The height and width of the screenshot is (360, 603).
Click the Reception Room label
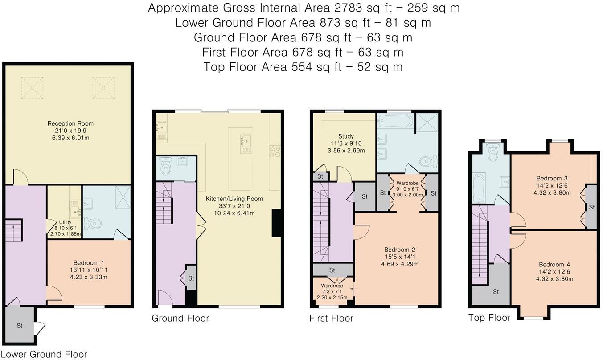point(70,123)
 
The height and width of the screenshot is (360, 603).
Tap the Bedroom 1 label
point(89,262)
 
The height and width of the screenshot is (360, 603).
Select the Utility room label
point(65,222)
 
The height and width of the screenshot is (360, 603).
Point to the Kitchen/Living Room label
point(234,199)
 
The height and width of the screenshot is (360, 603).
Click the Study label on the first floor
point(346,136)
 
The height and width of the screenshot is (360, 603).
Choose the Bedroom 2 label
point(400,250)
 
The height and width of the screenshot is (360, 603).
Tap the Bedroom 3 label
point(552,178)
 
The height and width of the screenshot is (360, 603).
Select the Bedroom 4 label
point(554,265)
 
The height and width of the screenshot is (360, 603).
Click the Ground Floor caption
point(180,318)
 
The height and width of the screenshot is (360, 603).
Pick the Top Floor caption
point(489,318)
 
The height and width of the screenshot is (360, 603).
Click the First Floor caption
point(331,318)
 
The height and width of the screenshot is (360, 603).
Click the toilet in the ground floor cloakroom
point(165,166)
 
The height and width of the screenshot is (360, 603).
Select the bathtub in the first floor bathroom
point(395,121)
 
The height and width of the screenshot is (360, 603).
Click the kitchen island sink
point(246,141)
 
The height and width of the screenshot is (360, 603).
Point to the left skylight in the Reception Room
point(32,88)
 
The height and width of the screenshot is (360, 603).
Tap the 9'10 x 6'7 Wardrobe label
point(407,189)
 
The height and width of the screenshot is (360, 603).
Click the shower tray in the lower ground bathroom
point(123,197)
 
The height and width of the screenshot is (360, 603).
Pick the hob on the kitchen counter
point(275,151)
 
